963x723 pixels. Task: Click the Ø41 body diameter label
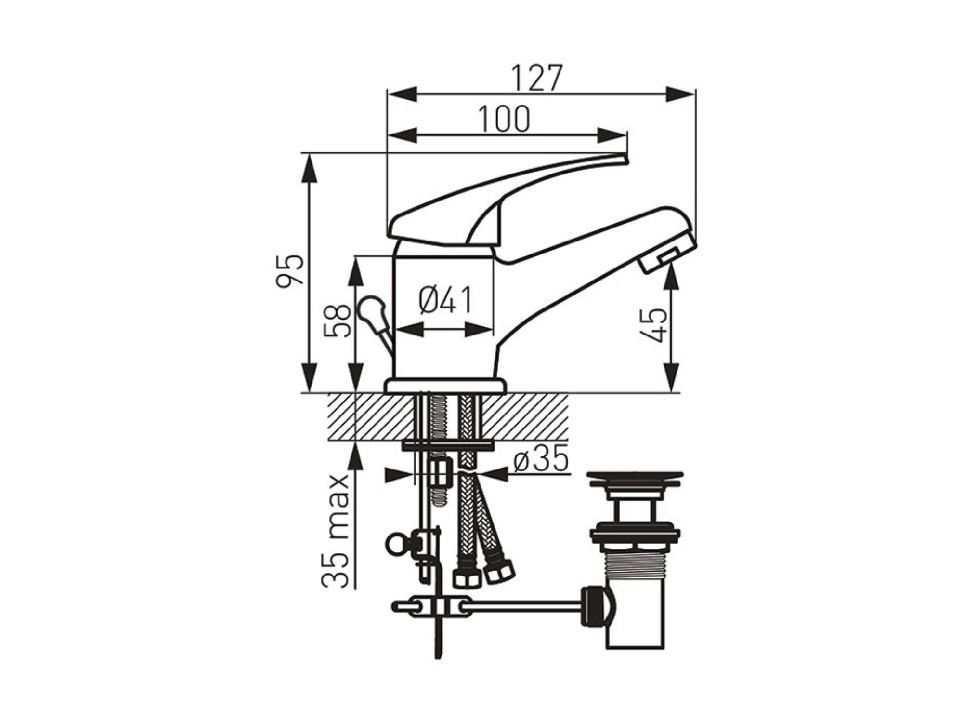click(445, 300)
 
